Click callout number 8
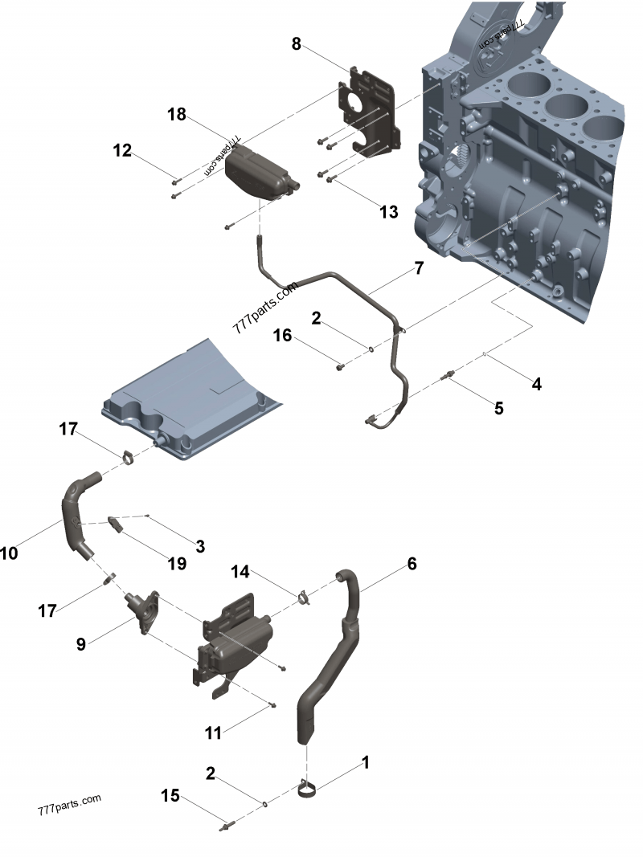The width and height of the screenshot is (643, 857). click(297, 45)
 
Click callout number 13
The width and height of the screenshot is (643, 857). click(388, 212)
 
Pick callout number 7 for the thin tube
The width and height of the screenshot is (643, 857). click(418, 268)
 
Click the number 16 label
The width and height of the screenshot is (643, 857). click(283, 335)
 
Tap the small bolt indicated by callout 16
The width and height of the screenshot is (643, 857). click(339, 367)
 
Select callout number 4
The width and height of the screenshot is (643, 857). click(536, 384)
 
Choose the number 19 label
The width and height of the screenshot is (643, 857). click(176, 563)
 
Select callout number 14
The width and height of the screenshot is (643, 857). click(240, 571)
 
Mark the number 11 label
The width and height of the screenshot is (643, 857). click(212, 733)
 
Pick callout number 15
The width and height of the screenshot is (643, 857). click(170, 796)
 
